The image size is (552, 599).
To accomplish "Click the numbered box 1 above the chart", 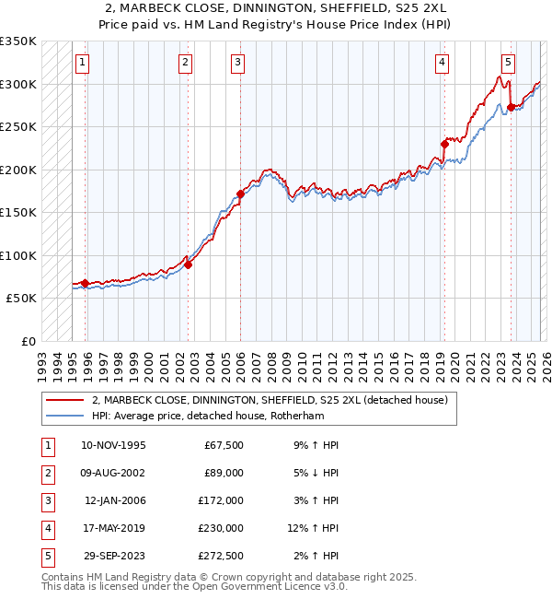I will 83,63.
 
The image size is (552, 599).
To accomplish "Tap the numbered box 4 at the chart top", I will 443,63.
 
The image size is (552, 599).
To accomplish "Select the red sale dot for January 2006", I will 240,194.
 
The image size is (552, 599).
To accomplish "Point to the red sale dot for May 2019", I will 443,144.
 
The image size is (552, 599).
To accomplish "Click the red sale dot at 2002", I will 188,264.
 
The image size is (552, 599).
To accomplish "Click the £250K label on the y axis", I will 18,127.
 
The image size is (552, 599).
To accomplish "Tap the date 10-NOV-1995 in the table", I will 113,445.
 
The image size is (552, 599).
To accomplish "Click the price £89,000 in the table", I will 223,473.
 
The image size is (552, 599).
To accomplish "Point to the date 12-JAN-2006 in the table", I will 115,500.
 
